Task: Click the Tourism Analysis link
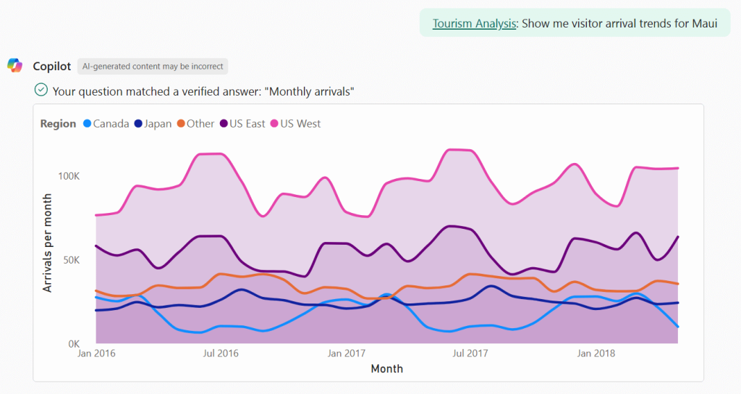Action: (474, 23)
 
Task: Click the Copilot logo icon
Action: (15, 66)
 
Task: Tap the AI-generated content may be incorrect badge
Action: (152, 66)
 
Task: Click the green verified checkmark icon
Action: (41, 90)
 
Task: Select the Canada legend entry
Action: (106, 124)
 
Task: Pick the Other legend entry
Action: (195, 124)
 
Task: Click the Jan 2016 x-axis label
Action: (96, 353)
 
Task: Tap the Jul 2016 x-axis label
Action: (220, 353)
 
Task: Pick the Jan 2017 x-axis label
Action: (346, 353)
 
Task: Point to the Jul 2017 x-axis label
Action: (470, 353)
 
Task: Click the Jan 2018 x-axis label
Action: (595, 353)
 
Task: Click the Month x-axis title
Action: (387, 369)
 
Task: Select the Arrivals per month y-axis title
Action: (48, 243)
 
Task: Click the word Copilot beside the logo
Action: (52, 66)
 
